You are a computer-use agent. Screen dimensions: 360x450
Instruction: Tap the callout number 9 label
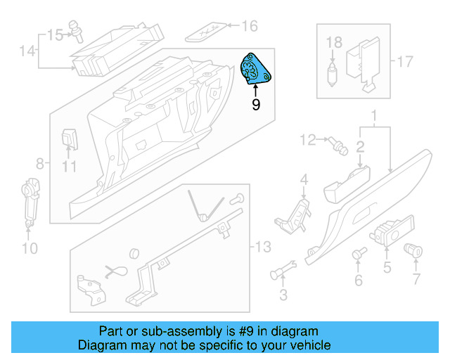pos(256,105)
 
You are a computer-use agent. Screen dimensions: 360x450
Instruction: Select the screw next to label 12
pos(338,146)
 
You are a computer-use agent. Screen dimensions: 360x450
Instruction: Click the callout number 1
pos(374,115)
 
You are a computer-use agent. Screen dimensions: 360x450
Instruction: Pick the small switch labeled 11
pos(69,139)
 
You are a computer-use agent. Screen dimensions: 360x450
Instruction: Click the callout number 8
pos(39,163)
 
